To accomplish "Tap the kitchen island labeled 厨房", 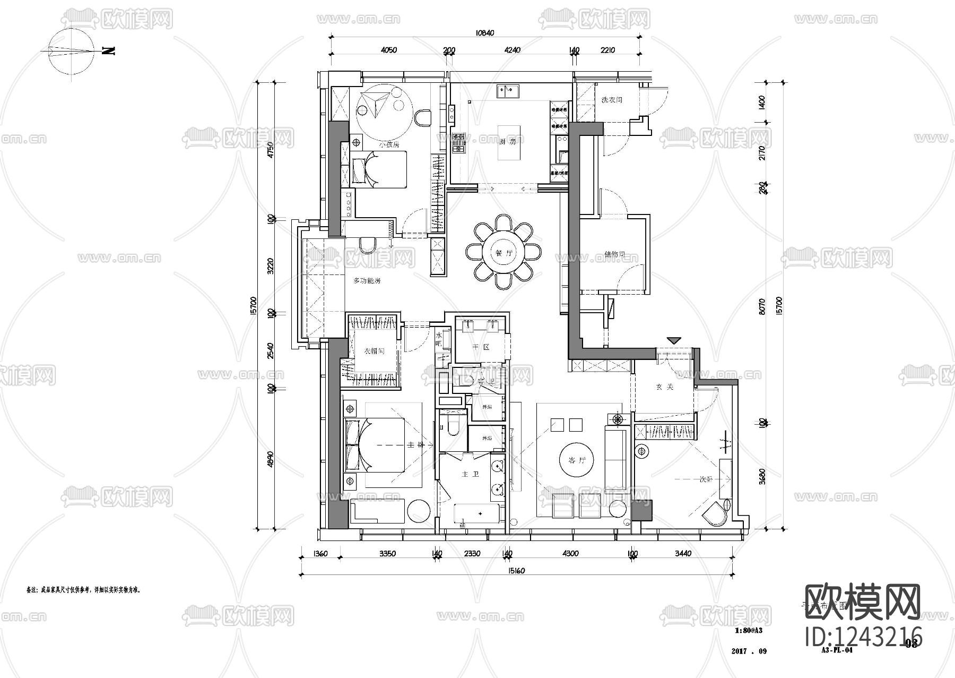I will point(508,142).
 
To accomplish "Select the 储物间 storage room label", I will point(614,254).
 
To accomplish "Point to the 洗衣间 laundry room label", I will point(611,100).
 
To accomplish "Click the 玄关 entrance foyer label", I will point(664,388).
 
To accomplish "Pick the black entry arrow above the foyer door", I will point(674,340).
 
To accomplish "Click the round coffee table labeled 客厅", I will point(576,460).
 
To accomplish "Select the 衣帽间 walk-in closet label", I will point(374,351).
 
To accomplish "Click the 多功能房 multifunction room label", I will point(367,280).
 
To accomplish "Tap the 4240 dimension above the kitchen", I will point(512,50).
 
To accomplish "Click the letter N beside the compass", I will point(108,51).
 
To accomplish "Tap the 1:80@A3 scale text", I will point(749,631).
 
